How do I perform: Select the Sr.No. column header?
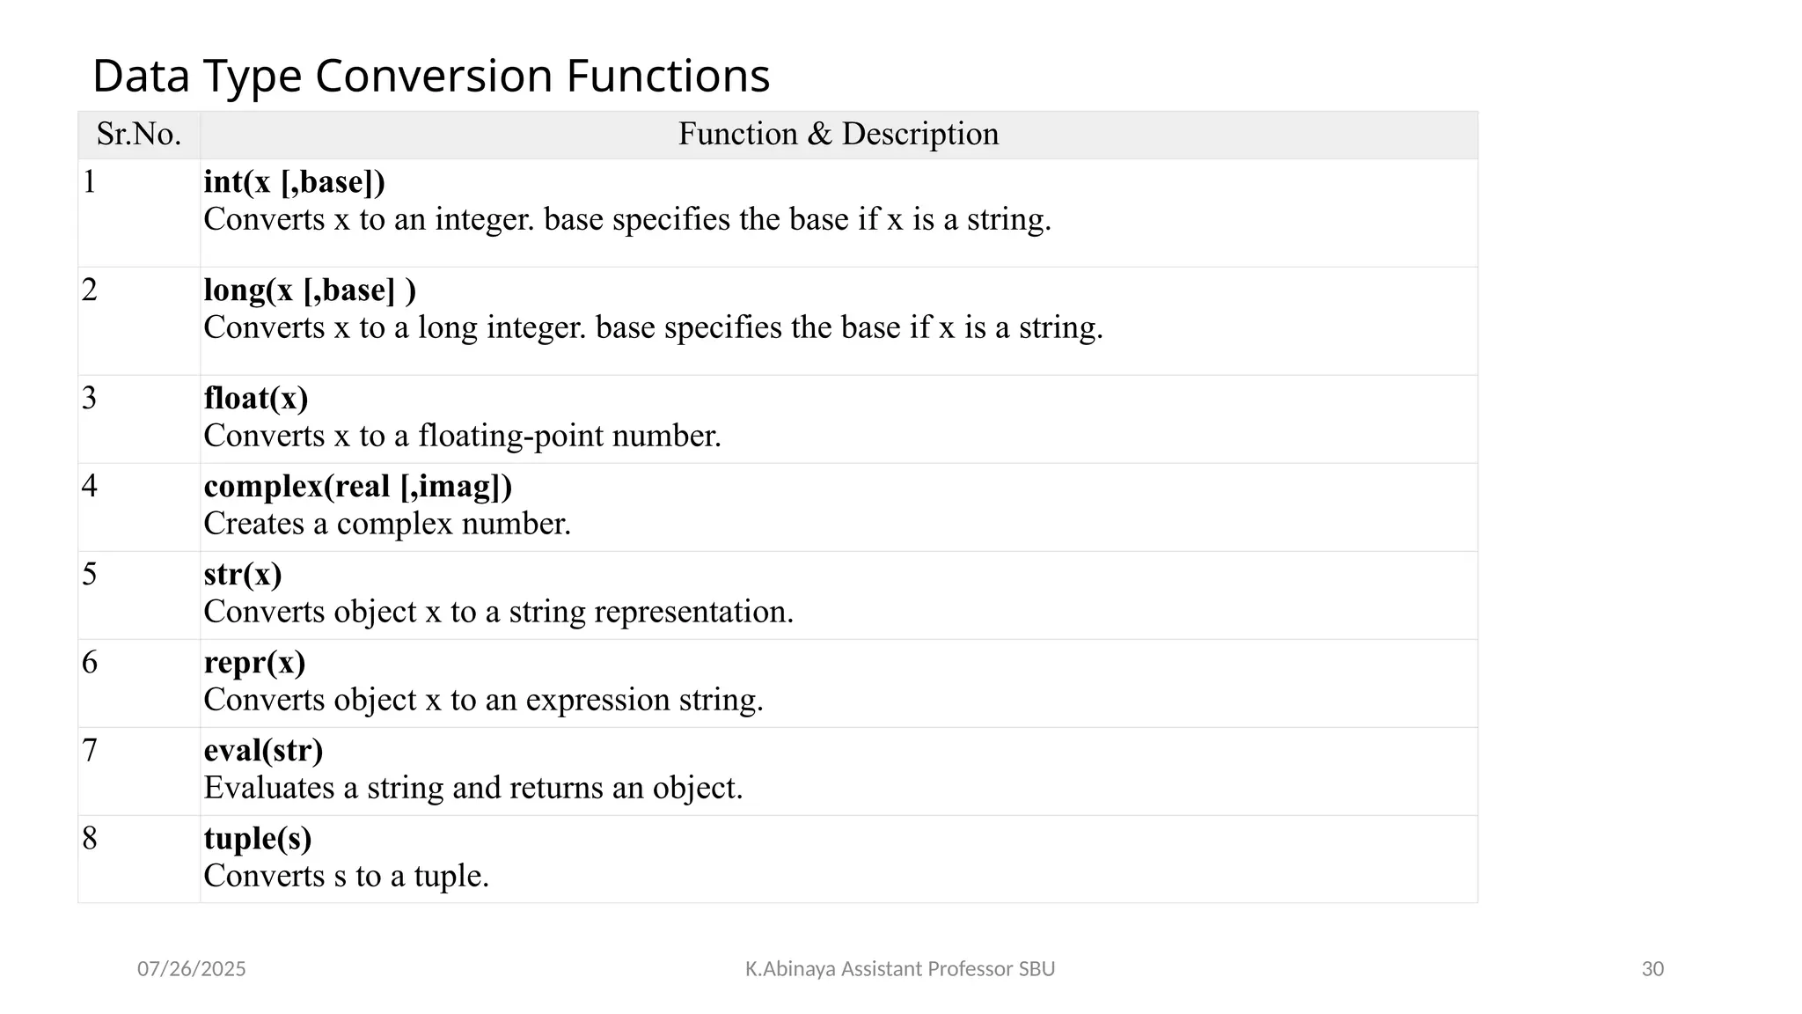[139, 135]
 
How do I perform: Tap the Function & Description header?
[838, 135]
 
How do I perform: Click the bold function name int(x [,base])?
[294, 182]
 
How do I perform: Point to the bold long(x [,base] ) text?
[310, 290]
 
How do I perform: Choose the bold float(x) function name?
[256, 399]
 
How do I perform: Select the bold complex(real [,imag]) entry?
[357, 487]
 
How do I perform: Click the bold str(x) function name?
[243, 575]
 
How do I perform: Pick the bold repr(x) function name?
[254, 663]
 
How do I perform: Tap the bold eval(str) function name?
[263, 751]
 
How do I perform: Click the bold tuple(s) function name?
[258, 839]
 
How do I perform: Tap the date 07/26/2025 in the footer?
[191, 969]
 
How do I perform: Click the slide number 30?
[1652, 969]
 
